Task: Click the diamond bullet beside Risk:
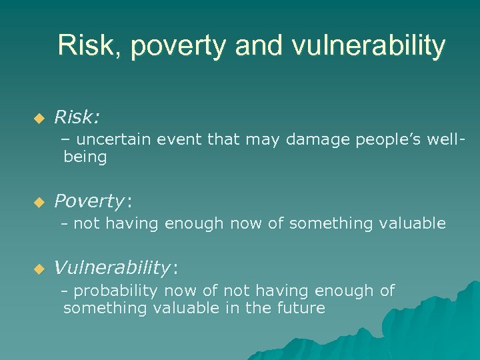tap(39, 119)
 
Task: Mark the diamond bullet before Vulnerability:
tap(39, 269)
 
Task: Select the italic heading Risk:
tap(77, 117)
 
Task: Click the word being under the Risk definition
tap(85, 158)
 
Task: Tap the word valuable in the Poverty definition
tap(412, 223)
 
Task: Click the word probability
tap(113, 291)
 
